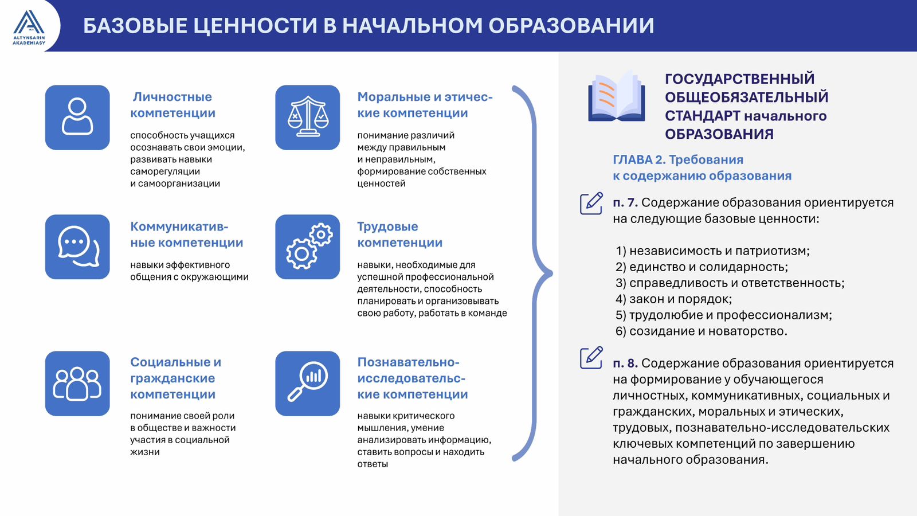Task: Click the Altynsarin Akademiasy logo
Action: tap(29, 27)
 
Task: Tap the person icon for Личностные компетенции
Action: tap(77, 117)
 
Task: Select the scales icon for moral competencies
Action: tap(307, 117)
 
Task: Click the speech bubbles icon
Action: tap(77, 247)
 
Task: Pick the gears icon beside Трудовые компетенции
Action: tap(307, 247)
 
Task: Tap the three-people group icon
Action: tap(77, 384)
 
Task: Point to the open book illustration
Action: tap(617, 97)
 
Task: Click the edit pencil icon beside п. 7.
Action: tap(591, 203)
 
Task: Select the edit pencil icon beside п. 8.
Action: tap(591, 358)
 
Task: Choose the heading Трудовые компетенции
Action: tap(399, 234)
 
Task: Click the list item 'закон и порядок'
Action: tap(673, 299)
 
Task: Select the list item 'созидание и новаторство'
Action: tap(702, 331)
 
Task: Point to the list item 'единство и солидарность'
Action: tap(702, 267)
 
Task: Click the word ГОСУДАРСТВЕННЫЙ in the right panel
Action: tap(740, 79)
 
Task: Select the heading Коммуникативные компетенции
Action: tap(187, 234)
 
